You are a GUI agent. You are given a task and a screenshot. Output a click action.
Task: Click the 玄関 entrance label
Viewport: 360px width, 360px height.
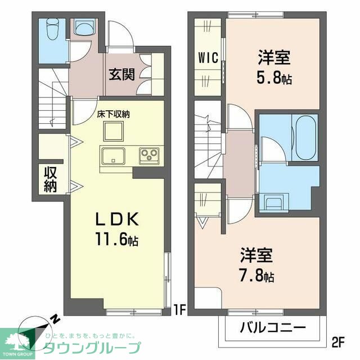(121, 74)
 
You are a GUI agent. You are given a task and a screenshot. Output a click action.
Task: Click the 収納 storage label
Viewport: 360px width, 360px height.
(51, 179)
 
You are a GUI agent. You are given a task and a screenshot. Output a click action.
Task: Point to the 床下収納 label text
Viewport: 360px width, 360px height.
(114, 114)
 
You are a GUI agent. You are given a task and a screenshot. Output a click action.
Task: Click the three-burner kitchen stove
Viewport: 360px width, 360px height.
(150, 154)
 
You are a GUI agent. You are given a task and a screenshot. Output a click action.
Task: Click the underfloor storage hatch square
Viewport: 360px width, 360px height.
(114, 132)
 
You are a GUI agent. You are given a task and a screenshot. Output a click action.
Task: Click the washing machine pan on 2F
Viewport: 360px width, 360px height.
(275, 201)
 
